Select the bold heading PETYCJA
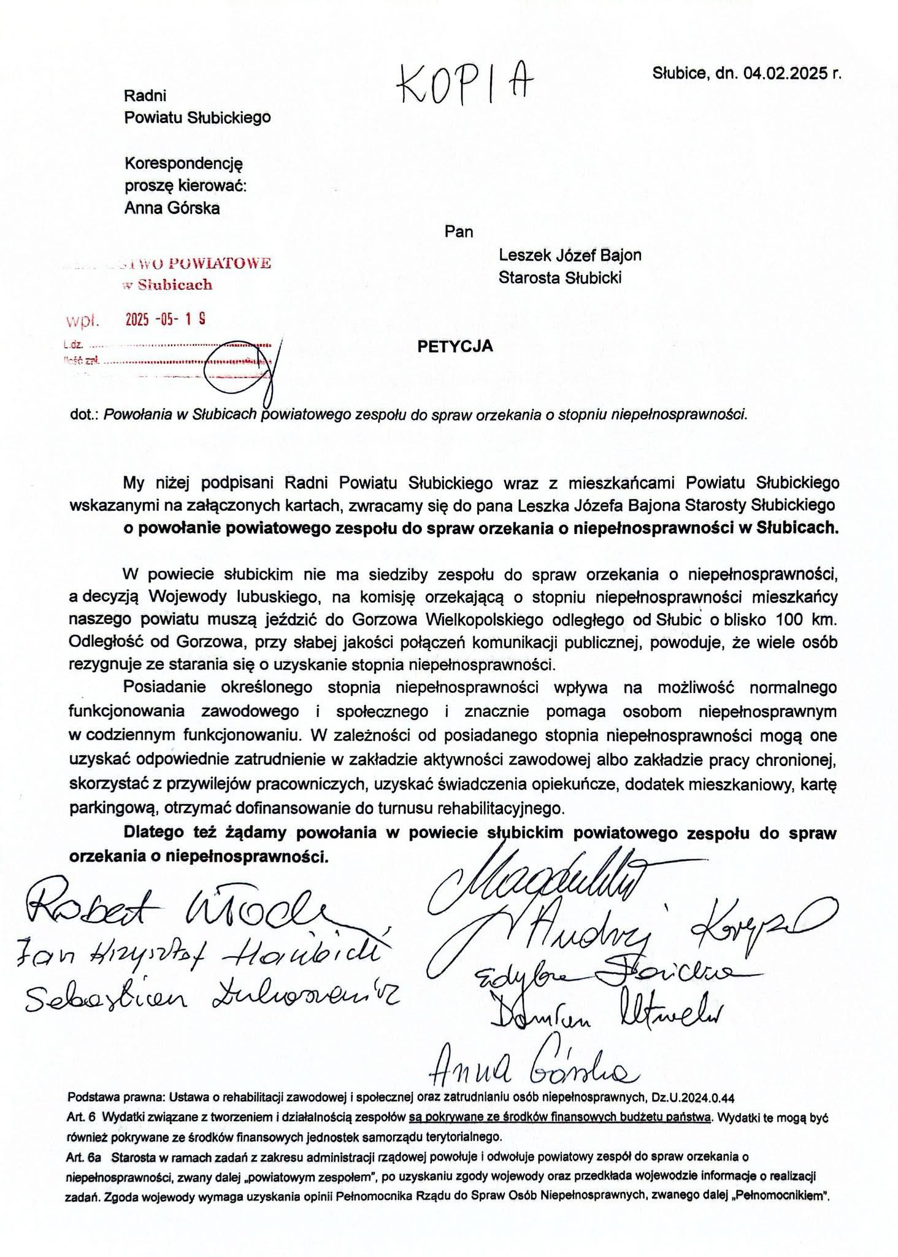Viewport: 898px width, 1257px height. (x=455, y=346)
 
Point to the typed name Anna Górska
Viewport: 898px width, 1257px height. (x=172, y=208)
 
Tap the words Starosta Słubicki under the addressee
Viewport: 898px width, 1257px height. (x=560, y=278)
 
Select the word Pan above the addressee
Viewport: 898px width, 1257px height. (x=459, y=231)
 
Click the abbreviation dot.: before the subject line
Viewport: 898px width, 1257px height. (x=85, y=414)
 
